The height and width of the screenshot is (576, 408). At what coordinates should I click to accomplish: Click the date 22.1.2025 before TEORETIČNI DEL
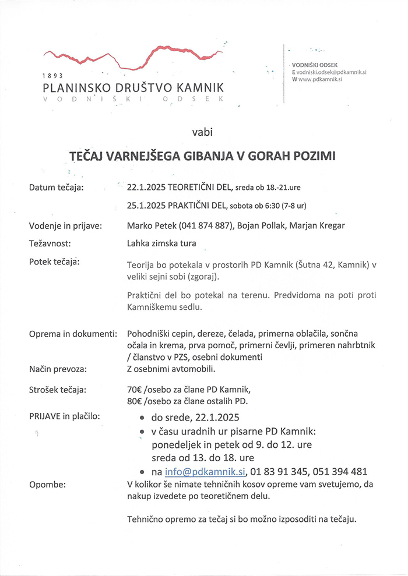[146, 188]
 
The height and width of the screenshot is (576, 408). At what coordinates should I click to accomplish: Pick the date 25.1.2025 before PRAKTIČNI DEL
[146, 205]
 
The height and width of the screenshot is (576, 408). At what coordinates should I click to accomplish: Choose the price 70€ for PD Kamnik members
[135, 390]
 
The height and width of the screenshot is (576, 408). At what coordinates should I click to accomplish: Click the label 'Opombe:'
[47, 485]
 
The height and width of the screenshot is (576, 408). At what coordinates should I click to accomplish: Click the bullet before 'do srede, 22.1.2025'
[142, 418]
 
